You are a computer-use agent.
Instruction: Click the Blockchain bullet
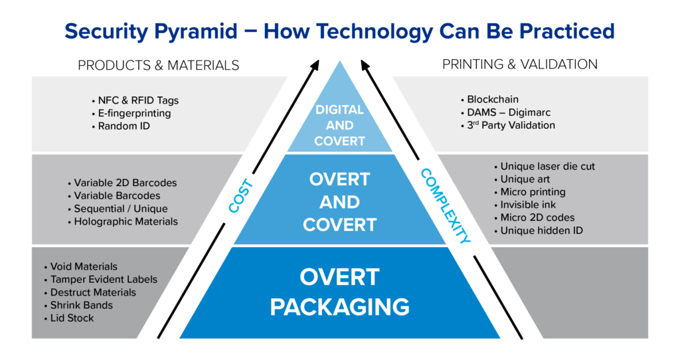[x=493, y=100]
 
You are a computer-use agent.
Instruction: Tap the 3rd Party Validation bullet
[x=511, y=125]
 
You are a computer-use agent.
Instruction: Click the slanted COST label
[x=241, y=195]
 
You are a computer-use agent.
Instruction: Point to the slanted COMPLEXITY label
[x=446, y=205]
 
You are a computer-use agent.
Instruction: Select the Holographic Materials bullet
[x=126, y=222]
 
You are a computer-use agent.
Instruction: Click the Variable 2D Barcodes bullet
[x=125, y=183]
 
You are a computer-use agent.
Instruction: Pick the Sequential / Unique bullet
[x=120, y=209]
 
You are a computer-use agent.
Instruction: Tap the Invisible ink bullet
[x=528, y=205]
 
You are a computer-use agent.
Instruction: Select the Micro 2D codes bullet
[x=537, y=218]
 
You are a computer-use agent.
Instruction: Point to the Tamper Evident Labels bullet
[x=104, y=280]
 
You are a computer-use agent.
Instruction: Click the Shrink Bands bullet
[x=81, y=306]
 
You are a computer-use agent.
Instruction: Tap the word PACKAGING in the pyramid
[x=339, y=307]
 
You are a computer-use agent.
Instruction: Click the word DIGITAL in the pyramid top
[x=339, y=110]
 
